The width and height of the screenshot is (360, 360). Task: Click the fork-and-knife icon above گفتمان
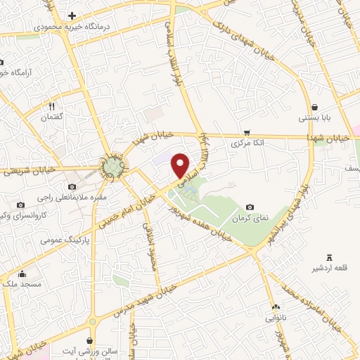coord(52,105)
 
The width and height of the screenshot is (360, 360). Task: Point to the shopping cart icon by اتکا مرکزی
coord(247,132)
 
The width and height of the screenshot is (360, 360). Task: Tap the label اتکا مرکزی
coord(249,143)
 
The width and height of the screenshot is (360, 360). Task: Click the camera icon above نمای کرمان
coord(250,207)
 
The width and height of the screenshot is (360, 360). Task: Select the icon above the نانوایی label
coord(276,307)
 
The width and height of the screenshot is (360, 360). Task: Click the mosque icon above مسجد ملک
coord(22,274)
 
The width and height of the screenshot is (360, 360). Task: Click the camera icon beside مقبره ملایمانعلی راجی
coord(72,186)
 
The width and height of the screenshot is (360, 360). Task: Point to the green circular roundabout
coord(113,166)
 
